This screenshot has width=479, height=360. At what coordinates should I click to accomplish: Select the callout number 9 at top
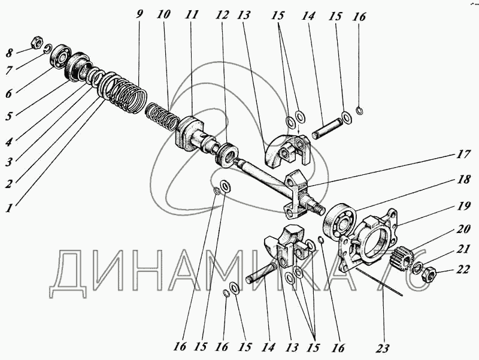click(140, 14)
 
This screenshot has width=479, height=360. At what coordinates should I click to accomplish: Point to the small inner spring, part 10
click(162, 116)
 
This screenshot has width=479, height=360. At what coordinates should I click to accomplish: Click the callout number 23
click(383, 349)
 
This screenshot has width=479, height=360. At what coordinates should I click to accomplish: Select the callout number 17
click(463, 154)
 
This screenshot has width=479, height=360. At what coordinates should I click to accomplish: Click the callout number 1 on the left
click(10, 208)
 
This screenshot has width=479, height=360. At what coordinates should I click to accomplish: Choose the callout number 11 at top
click(192, 14)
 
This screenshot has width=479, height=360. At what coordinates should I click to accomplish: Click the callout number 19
click(463, 207)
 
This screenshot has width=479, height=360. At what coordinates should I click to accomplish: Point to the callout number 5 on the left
click(9, 116)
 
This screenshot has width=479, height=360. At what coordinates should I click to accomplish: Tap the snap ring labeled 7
click(48, 49)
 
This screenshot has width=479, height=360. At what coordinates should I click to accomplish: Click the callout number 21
click(463, 249)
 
